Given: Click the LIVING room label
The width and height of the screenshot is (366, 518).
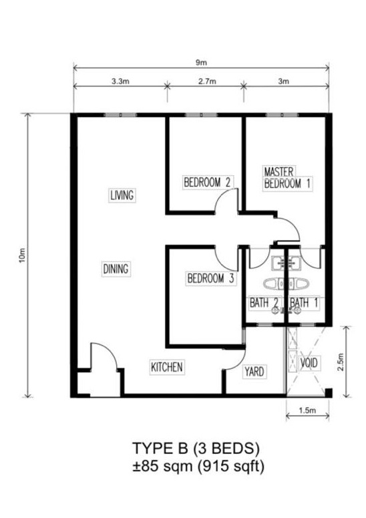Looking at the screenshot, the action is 122,195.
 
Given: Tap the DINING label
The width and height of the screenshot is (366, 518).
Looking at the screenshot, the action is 116,269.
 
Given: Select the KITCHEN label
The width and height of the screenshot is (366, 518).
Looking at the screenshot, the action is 167,367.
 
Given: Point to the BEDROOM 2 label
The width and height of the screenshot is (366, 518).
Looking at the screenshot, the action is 207,182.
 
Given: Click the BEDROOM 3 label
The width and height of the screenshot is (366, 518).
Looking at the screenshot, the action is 210,278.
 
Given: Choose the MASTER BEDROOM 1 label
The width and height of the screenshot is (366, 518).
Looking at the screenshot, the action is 287,177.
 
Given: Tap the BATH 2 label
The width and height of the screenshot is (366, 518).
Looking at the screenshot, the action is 264,303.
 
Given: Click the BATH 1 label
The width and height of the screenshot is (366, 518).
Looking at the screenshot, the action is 304,303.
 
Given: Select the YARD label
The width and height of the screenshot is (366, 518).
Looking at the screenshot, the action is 254,372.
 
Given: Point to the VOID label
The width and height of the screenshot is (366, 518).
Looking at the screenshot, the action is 309,363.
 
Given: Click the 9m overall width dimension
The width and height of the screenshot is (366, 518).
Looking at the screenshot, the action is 201,62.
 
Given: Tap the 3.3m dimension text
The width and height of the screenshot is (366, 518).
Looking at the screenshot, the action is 120,82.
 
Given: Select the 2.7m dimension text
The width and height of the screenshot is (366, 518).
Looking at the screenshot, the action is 207,82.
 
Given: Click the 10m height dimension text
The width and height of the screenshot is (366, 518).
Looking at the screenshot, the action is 22,255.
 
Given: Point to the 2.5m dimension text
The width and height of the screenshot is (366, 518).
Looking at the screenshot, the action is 340,362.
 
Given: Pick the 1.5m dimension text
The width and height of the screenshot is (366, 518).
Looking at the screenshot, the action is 307,410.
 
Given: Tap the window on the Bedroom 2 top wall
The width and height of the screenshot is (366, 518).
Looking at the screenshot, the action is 201,115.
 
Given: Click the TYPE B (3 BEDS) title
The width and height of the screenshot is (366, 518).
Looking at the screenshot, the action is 196,448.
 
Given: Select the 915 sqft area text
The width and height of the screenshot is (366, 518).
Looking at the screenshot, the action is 232,467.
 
